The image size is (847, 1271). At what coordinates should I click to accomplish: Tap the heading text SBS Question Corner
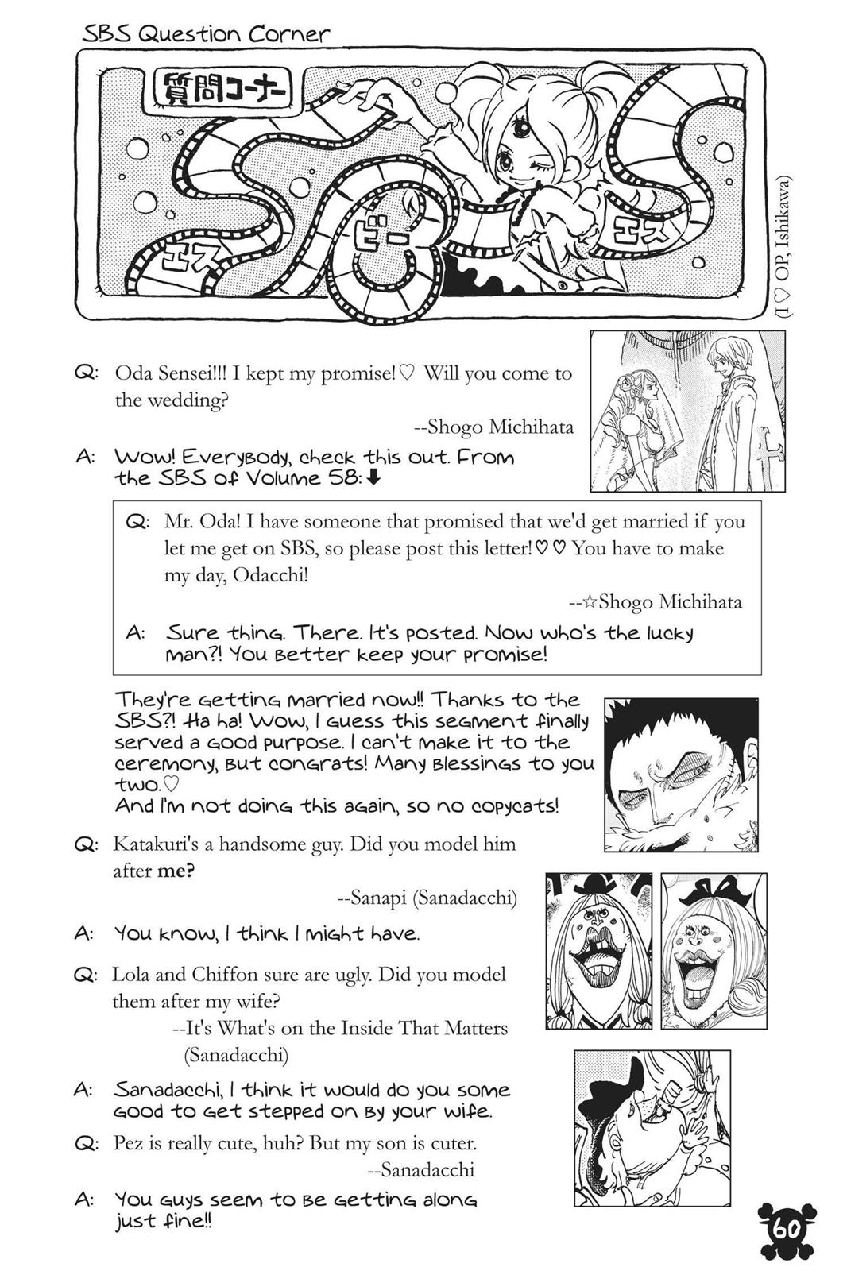pyautogui.click(x=206, y=35)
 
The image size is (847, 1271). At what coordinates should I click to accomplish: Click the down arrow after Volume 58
pyautogui.click(x=376, y=478)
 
